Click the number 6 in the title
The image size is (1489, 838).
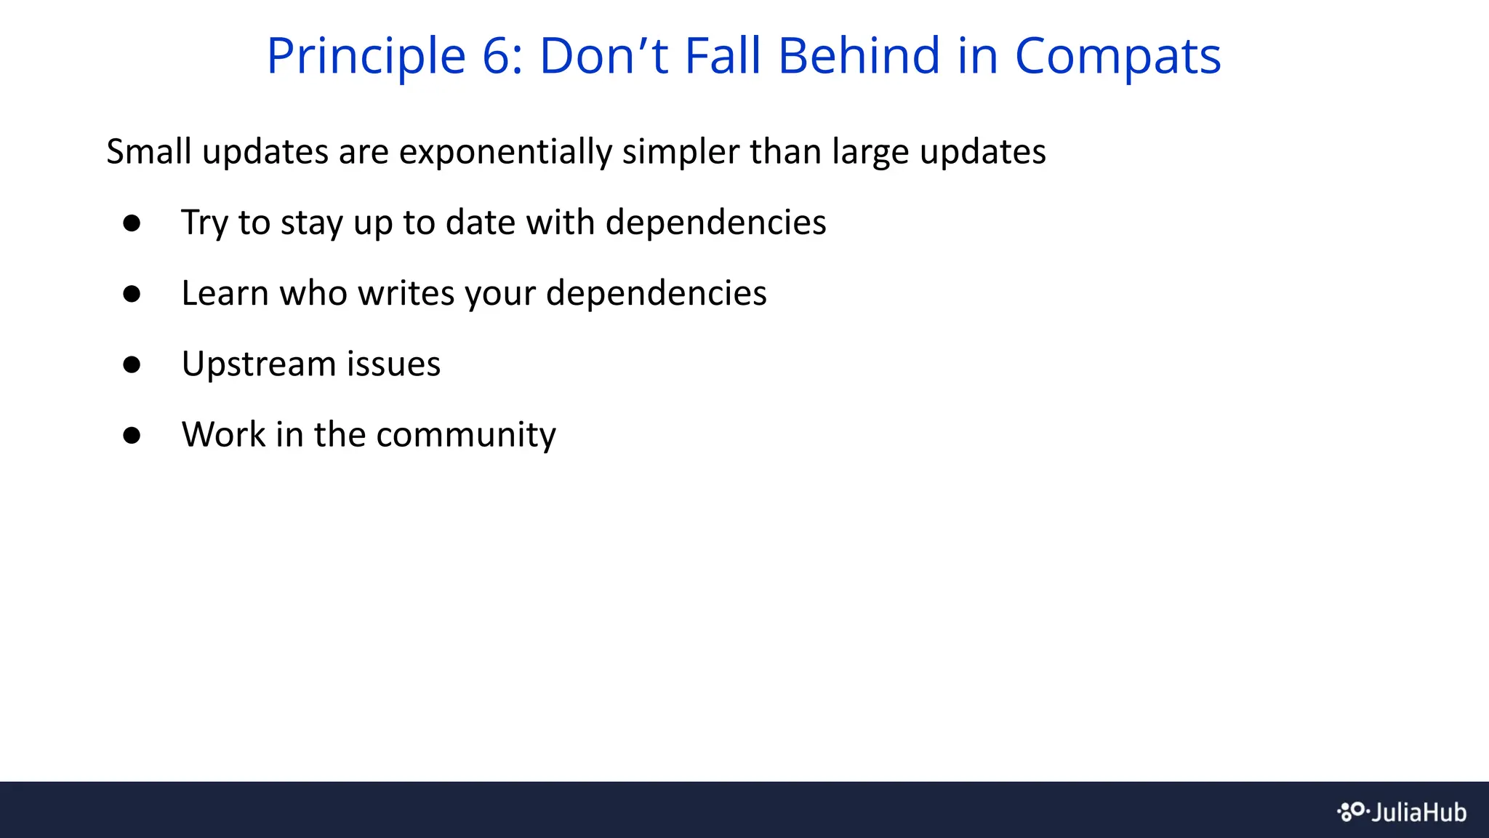click(497, 57)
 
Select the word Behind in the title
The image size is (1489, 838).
click(859, 57)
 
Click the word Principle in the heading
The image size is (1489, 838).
click(366, 57)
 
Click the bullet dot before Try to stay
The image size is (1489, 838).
click(132, 223)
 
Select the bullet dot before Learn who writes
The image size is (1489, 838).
click(132, 294)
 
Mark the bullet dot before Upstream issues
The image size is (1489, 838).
click(132, 364)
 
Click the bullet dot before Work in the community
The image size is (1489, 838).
click(132, 436)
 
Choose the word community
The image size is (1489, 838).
click(465, 435)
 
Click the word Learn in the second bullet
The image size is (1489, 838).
click(225, 293)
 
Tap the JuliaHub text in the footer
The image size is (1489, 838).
click(1418, 813)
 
